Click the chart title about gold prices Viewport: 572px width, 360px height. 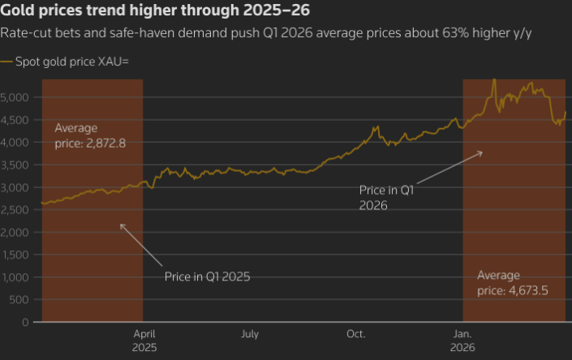point(154,12)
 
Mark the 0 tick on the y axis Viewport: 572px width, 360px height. point(26,322)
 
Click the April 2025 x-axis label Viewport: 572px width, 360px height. point(144,340)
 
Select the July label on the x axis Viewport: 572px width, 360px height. point(250,333)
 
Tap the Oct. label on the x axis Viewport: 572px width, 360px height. point(356,333)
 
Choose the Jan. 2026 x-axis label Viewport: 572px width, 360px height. point(462,340)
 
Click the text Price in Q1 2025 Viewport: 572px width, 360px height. point(207,276)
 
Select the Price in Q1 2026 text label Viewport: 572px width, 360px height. point(386,197)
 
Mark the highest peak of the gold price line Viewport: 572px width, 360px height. point(494,79)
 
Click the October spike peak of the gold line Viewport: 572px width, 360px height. point(376,126)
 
